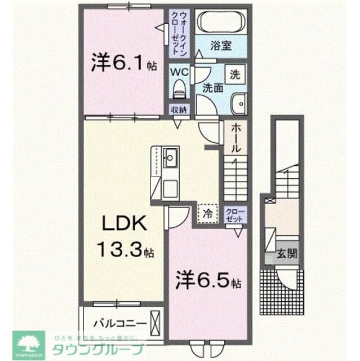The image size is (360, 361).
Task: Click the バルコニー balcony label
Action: [x=120, y=323]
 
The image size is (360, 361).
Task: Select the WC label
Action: [x=179, y=72]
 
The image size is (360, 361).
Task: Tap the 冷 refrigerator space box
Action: [x=207, y=213]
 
